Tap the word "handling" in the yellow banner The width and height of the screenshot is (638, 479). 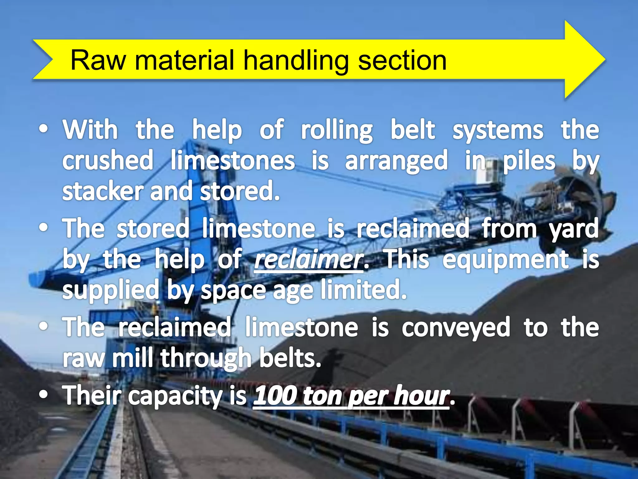point(296,61)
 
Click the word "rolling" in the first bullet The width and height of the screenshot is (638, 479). point(336,130)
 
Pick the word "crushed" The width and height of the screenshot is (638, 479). point(108,161)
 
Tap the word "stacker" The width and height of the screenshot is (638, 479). point(103,191)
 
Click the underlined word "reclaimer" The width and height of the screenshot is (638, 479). point(309,260)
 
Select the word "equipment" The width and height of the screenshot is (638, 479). point(505,260)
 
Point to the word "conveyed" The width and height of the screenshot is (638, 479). point(456,328)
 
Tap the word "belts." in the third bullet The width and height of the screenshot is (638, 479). point(290,358)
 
